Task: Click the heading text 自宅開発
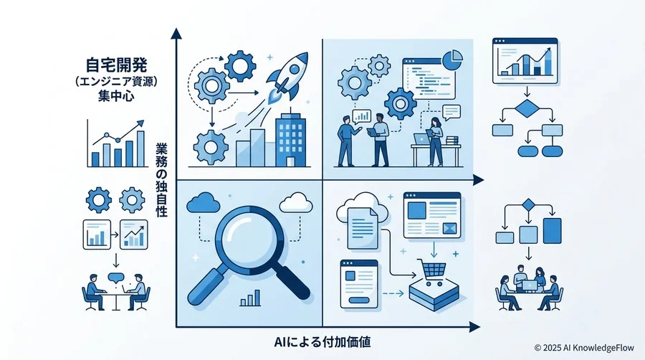[x=116, y=65]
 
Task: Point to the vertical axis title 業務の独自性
[x=161, y=179]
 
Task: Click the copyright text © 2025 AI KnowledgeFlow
[x=584, y=348]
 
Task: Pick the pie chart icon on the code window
[x=452, y=60]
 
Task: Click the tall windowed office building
[x=291, y=139]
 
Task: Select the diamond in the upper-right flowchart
[x=527, y=108]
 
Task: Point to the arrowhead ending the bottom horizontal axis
[x=474, y=327]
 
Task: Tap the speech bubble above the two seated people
[x=115, y=278]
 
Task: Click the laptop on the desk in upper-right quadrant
[x=421, y=139]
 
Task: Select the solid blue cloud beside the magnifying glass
[x=203, y=202]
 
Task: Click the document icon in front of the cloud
[x=363, y=228]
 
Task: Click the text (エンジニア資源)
[x=116, y=81]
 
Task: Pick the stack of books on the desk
[x=452, y=141]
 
